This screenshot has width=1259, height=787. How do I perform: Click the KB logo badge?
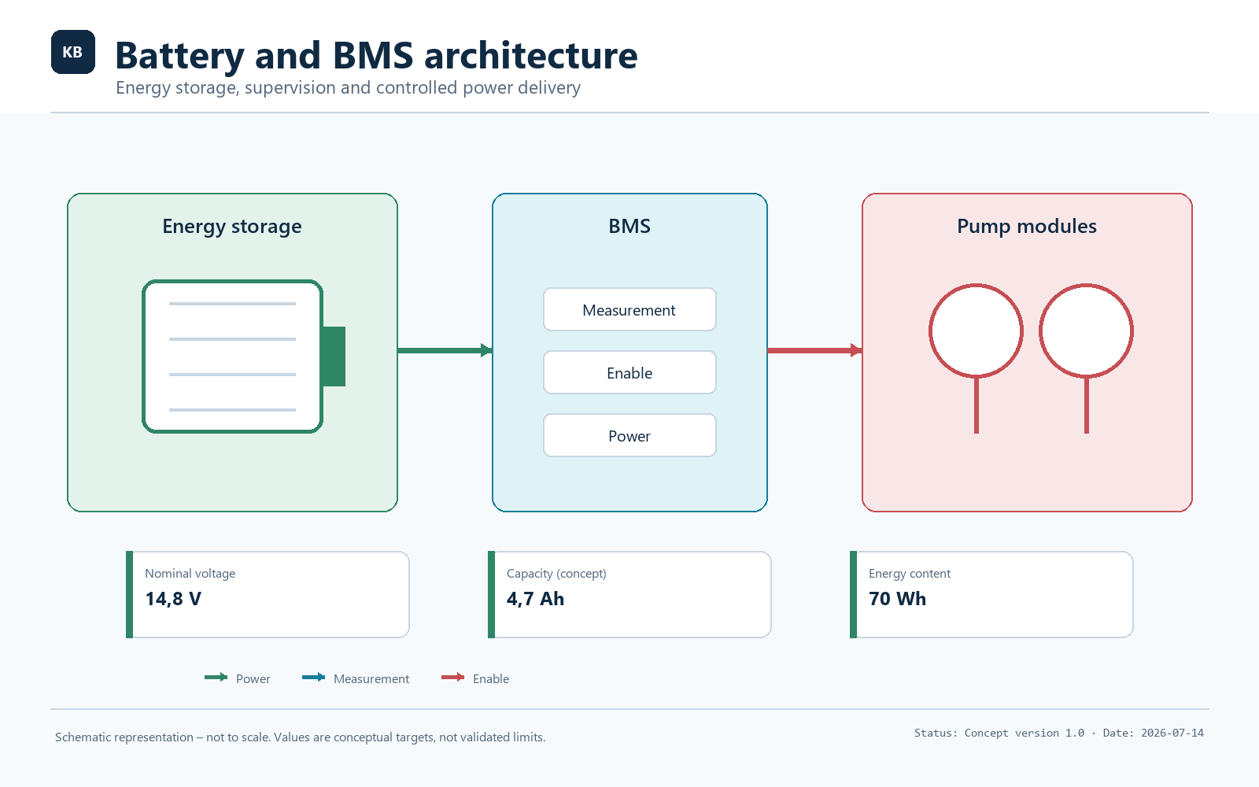(73, 52)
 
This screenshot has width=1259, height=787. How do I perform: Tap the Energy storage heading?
(232, 227)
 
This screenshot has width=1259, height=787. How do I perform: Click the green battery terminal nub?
(334, 357)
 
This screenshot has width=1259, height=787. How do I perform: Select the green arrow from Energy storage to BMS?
(445, 351)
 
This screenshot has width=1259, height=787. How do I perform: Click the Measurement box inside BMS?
(629, 310)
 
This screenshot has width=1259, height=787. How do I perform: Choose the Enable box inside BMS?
(629, 373)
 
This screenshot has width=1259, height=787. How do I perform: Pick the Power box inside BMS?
(629, 436)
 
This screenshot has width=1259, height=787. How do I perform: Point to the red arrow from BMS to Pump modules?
(815, 351)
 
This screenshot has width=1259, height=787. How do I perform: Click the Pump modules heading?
(1027, 227)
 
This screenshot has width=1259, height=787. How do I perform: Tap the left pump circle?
(930, 331)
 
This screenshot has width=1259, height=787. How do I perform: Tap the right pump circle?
(1040, 331)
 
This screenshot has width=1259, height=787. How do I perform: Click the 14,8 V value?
(173, 599)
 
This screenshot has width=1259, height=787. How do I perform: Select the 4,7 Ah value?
(535, 599)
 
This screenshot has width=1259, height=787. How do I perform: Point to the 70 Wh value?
(898, 599)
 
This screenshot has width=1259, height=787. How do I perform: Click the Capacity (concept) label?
(556, 574)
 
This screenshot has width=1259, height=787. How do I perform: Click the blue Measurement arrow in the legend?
(314, 678)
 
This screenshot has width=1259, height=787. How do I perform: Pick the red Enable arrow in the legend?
(453, 678)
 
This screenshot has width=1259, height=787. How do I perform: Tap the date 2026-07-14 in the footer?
(1172, 733)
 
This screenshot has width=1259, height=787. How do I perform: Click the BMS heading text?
(629, 226)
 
